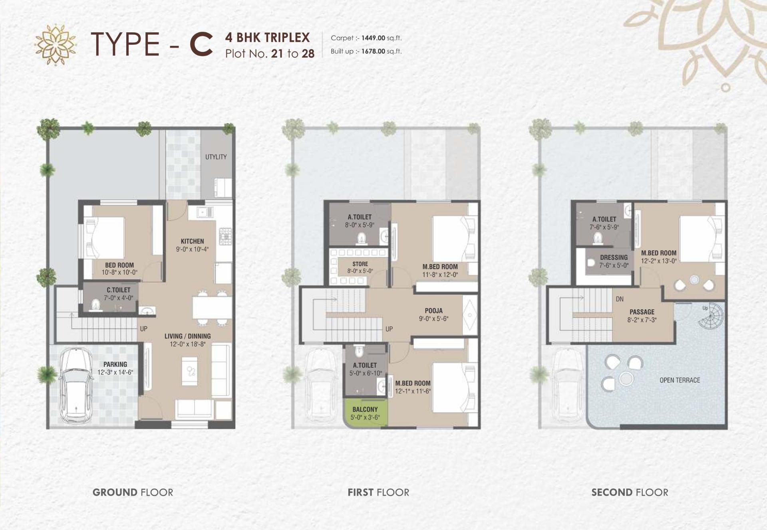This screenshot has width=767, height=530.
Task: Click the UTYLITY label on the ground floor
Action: pyautogui.click(x=216, y=157)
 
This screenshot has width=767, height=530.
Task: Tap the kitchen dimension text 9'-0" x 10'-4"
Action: pyautogui.click(x=192, y=249)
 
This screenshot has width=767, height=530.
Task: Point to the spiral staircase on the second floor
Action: pyautogui.click(x=710, y=316)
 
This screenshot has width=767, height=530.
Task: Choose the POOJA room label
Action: pyautogui.click(x=433, y=310)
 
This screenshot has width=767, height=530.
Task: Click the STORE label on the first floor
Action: pyautogui.click(x=360, y=264)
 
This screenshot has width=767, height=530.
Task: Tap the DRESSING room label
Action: pyautogui.click(x=614, y=257)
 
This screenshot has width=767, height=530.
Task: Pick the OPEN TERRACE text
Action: pyautogui.click(x=680, y=380)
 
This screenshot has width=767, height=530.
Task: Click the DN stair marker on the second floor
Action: pyautogui.click(x=620, y=299)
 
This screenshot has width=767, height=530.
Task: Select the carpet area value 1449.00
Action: pyautogui.click(x=373, y=38)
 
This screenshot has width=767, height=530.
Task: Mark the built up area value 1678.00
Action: pyautogui.click(x=373, y=51)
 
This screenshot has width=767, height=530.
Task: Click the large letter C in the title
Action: pyautogui.click(x=201, y=44)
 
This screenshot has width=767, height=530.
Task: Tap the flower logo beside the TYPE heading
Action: pyautogui.click(x=56, y=44)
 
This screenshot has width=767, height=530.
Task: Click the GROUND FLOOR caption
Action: pyautogui.click(x=133, y=492)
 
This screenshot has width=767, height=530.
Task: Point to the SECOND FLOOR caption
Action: pyautogui.click(x=630, y=492)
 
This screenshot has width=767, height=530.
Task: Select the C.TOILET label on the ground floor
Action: pyautogui.click(x=118, y=290)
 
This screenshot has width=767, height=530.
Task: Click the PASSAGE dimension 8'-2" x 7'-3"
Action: pyautogui.click(x=642, y=320)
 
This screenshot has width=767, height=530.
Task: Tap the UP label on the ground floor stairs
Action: pyautogui.click(x=144, y=329)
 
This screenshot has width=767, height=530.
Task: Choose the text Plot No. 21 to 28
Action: pyautogui.click(x=270, y=53)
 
